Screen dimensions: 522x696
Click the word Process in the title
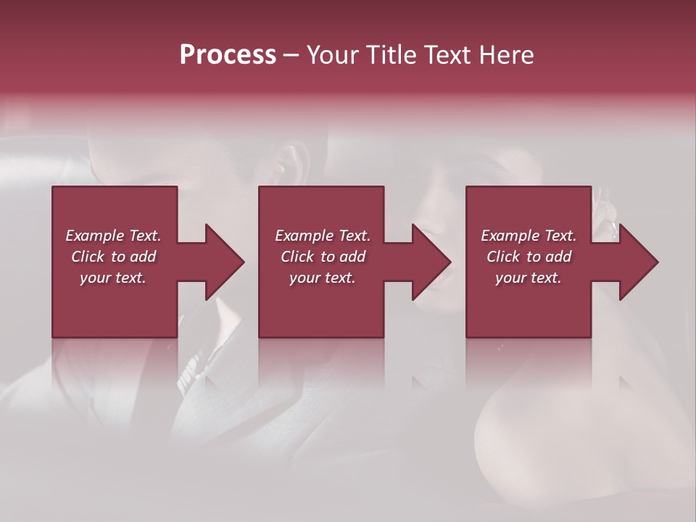(x=228, y=55)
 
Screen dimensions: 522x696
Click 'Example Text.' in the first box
(x=113, y=236)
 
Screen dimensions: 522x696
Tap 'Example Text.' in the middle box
(x=322, y=236)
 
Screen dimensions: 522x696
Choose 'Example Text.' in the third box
(x=529, y=236)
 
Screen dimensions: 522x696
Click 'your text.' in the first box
(x=113, y=278)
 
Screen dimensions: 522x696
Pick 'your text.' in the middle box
(x=322, y=278)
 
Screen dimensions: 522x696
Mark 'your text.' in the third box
(x=529, y=278)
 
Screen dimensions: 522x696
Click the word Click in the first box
(x=88, y=257)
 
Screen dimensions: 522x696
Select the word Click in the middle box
(x=297, y=257)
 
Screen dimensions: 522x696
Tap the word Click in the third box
(x=503, y=257)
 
